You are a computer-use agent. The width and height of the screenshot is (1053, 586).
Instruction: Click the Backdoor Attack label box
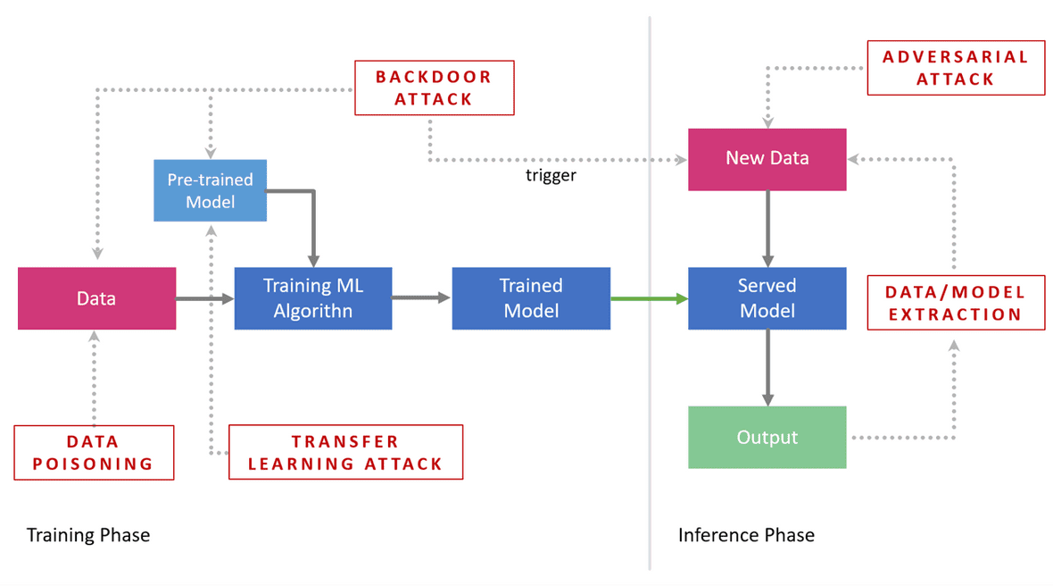(x=435, y=88)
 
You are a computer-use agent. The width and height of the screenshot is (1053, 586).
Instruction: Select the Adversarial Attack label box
(x=956, y=68)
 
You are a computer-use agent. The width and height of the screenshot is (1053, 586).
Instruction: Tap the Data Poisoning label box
(x=94, y=453)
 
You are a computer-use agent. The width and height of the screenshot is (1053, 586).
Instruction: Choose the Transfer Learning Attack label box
(x=345, y=453)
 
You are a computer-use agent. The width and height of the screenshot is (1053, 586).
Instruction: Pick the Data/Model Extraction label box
(x=956, y=304)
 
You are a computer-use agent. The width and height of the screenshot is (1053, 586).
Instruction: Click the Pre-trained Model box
(x=210, y=190)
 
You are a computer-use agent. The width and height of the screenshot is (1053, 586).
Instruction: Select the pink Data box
(x=96, y=298)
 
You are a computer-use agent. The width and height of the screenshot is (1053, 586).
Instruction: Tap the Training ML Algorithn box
(x=313, y=298)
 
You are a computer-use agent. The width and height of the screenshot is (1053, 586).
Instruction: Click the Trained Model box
(x=531, y=298)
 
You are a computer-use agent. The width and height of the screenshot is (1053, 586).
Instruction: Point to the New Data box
(x=767, y=159)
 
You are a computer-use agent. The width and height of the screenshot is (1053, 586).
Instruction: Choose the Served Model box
(x=767, y=298)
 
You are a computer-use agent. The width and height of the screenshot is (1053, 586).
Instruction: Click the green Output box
(x=767, y=438)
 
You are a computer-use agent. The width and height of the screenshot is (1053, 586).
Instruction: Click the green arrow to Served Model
(x=649, y=298)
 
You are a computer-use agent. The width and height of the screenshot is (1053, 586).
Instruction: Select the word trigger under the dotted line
(x=551, y=176)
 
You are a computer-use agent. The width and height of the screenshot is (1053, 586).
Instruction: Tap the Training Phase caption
(x=88, y=535)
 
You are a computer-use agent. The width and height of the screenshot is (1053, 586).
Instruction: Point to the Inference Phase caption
(x=746, y=535)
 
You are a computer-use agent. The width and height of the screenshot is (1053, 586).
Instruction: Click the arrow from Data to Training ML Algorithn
(x=205, y=298)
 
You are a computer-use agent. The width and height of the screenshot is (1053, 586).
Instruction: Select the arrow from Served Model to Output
(x=767, y=367)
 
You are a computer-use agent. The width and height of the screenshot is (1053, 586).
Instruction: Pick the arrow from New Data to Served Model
(x=767, y=228)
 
